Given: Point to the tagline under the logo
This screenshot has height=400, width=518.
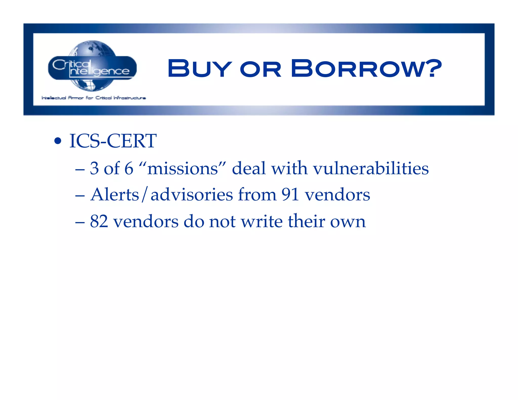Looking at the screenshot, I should click(94, 98).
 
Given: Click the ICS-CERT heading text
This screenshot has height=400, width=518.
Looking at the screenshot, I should click(113, 141).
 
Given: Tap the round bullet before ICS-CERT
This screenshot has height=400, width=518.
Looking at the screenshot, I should click(58, 141).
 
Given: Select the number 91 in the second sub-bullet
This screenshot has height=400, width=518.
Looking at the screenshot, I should click(290, 195).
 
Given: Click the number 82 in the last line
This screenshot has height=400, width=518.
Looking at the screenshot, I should click(99, 221).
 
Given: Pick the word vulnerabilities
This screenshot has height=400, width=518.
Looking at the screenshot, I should click(371, 168).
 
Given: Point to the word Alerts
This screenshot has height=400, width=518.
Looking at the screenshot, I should click(115, 195).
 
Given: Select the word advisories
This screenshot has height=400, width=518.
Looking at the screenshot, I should click(192, 195).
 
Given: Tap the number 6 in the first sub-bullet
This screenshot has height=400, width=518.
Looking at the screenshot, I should click(129, 168).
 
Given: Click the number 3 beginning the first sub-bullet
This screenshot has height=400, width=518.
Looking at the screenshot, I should click(94, 168).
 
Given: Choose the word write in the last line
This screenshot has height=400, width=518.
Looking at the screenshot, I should click(262, 221).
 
